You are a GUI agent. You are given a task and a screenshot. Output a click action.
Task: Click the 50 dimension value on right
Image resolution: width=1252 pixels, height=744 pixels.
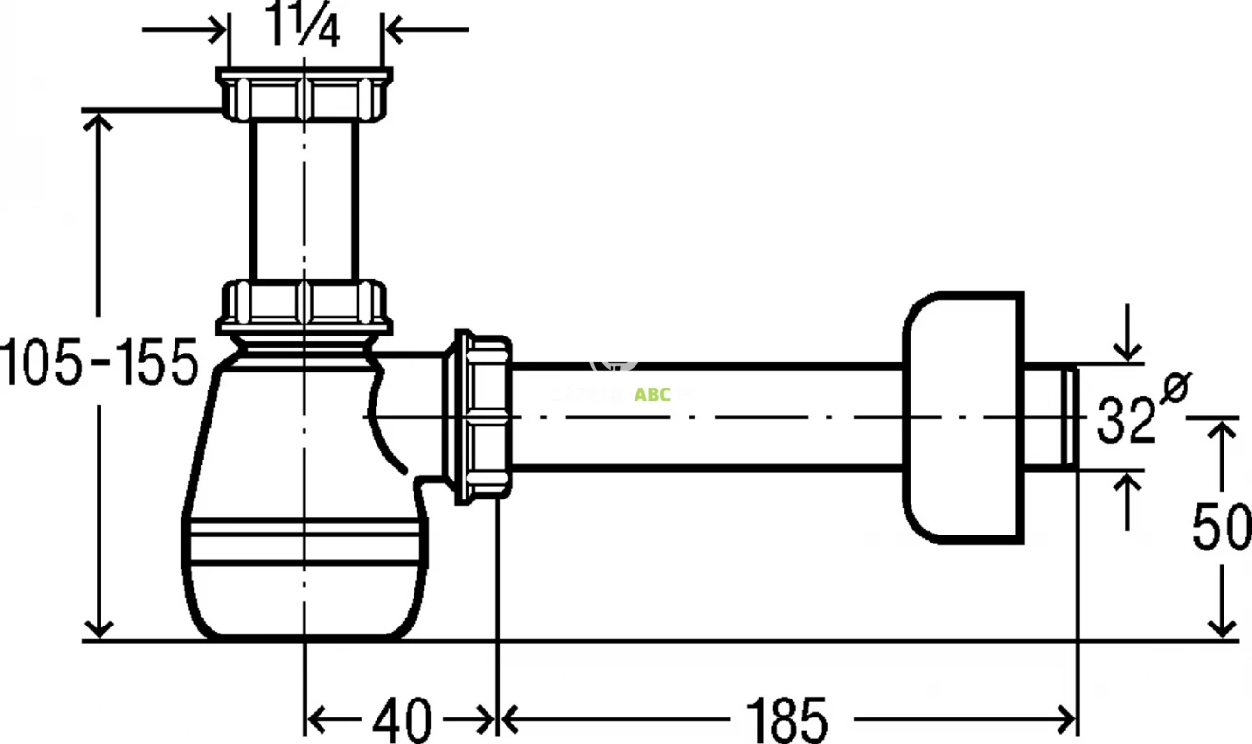point(1222,529)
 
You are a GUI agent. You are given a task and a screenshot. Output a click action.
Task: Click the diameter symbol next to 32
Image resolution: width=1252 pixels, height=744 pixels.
point(1174,389)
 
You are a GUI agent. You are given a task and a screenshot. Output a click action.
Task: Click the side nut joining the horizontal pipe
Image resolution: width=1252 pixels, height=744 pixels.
point(484,417)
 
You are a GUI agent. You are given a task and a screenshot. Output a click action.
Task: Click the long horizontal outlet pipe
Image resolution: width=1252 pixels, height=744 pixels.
point(707,417)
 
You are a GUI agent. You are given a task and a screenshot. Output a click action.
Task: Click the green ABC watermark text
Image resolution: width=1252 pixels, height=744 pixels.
point(652,394)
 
